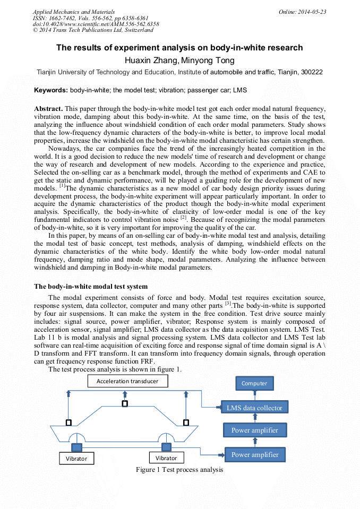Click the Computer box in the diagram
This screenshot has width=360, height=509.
(x=254, y=383)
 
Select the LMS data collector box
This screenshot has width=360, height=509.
(x=254, y=408)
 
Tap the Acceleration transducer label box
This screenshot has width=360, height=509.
(x=127, y=381)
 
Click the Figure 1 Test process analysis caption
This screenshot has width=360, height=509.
(x=179, y=470)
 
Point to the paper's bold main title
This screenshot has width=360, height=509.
(x=179, y=48)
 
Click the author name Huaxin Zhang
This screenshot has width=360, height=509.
(x=148, y=61)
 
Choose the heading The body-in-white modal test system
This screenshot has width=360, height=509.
(x=91, y=287)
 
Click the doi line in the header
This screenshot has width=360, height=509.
(x=96, y=24)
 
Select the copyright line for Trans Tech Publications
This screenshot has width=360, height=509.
(x=93, y=30)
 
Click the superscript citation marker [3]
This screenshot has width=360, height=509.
(x=228, y=304)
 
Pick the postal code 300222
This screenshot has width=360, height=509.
(x=310, y=72)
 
